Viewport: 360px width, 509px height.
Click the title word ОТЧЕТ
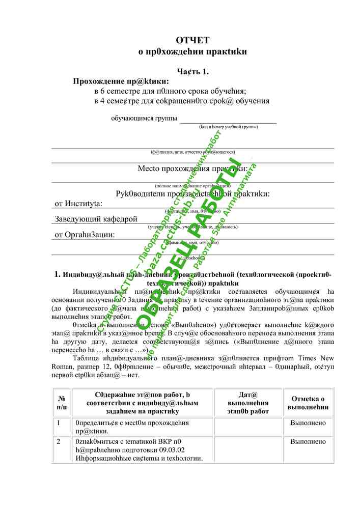(192, 40)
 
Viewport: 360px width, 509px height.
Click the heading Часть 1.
(192, 71)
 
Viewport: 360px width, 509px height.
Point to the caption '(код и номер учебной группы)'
(228, 127)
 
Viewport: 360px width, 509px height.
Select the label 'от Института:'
(78, 204)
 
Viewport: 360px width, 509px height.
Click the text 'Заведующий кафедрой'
(96, 219)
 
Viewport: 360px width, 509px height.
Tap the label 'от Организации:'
(85, 235)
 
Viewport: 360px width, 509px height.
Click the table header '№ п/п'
(62, 402)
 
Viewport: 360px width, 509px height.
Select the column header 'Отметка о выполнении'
(308, 403)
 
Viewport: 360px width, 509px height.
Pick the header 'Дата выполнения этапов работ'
(248, 403)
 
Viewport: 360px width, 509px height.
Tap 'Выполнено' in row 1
(308, 423)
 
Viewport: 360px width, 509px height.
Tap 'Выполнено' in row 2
(308, 441)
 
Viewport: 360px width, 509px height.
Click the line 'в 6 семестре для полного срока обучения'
(170, 91)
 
